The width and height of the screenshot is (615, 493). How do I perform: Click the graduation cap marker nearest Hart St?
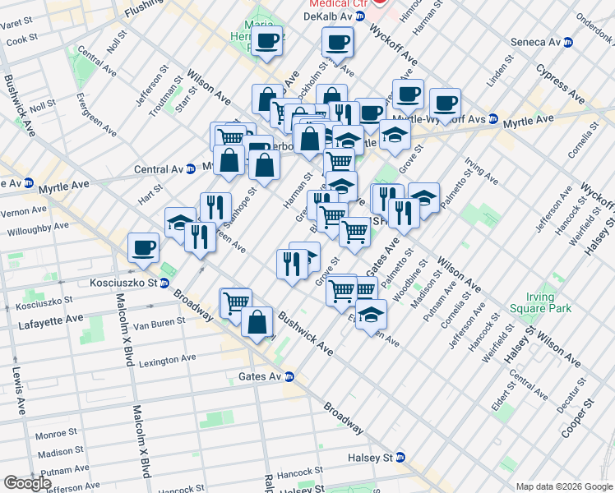(x=180, y=222)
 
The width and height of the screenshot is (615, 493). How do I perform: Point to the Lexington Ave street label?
(x=167, y=360)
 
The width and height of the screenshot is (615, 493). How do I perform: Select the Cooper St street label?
(x=589, y=418)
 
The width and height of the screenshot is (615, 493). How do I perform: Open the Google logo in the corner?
(x=27, y=483)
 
